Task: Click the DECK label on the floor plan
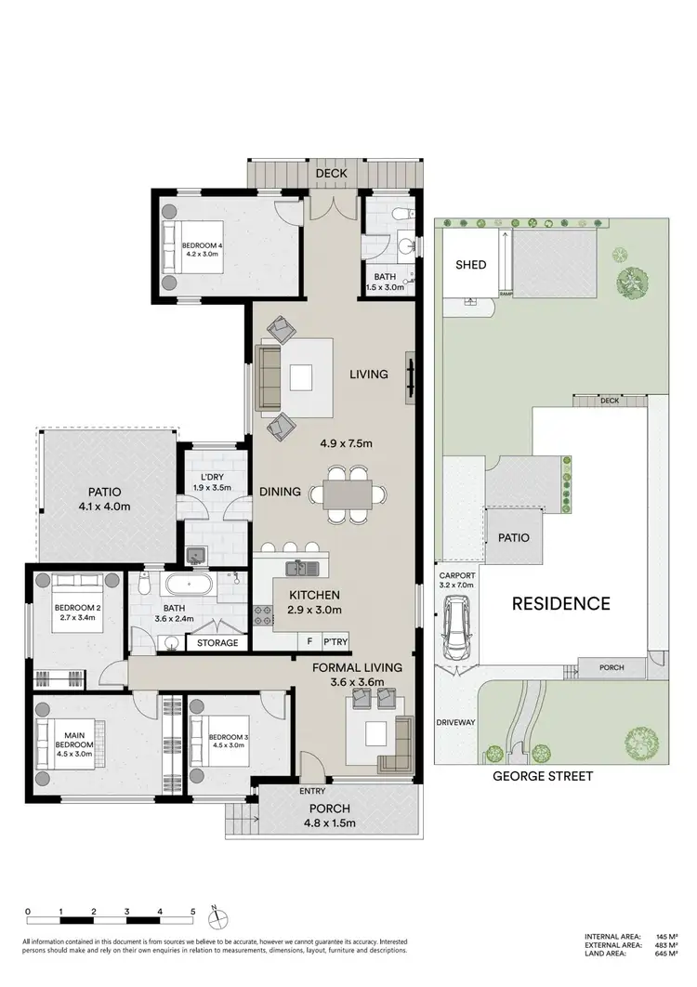pyautogui.click(x=330, y=173)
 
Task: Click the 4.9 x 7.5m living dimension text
pyautogui.click(x=346, y=443)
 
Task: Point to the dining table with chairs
pyautogui.click(x=349, y=493)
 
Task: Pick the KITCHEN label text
pyautogui.click(x=314, y=595)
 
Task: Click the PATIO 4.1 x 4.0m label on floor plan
pyautogui.click(x=105, y=499)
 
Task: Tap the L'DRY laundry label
pyautogui.click(x=208, y=482)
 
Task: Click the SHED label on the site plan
pyautogui.click(x=470, y=265)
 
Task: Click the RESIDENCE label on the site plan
pyautogui.click(x=561, y=603)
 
